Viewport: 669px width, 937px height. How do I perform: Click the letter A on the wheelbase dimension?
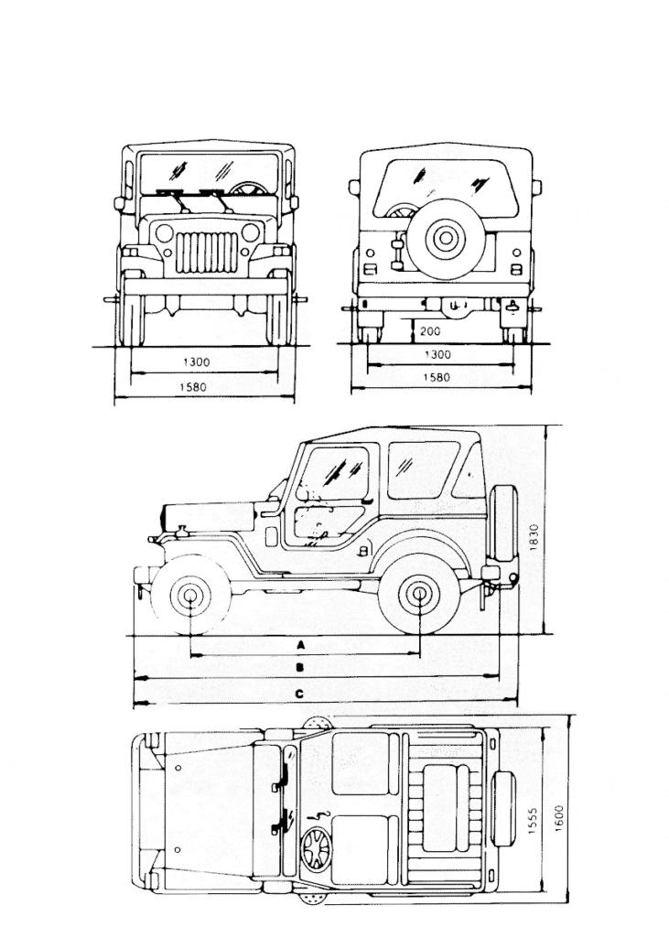point(300,645)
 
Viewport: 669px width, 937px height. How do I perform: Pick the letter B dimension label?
point(300,668)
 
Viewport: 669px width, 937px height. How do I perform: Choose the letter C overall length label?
point(300,695)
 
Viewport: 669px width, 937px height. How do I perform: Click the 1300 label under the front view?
point(195,362)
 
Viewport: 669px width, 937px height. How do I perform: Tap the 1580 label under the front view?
point(195,387)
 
